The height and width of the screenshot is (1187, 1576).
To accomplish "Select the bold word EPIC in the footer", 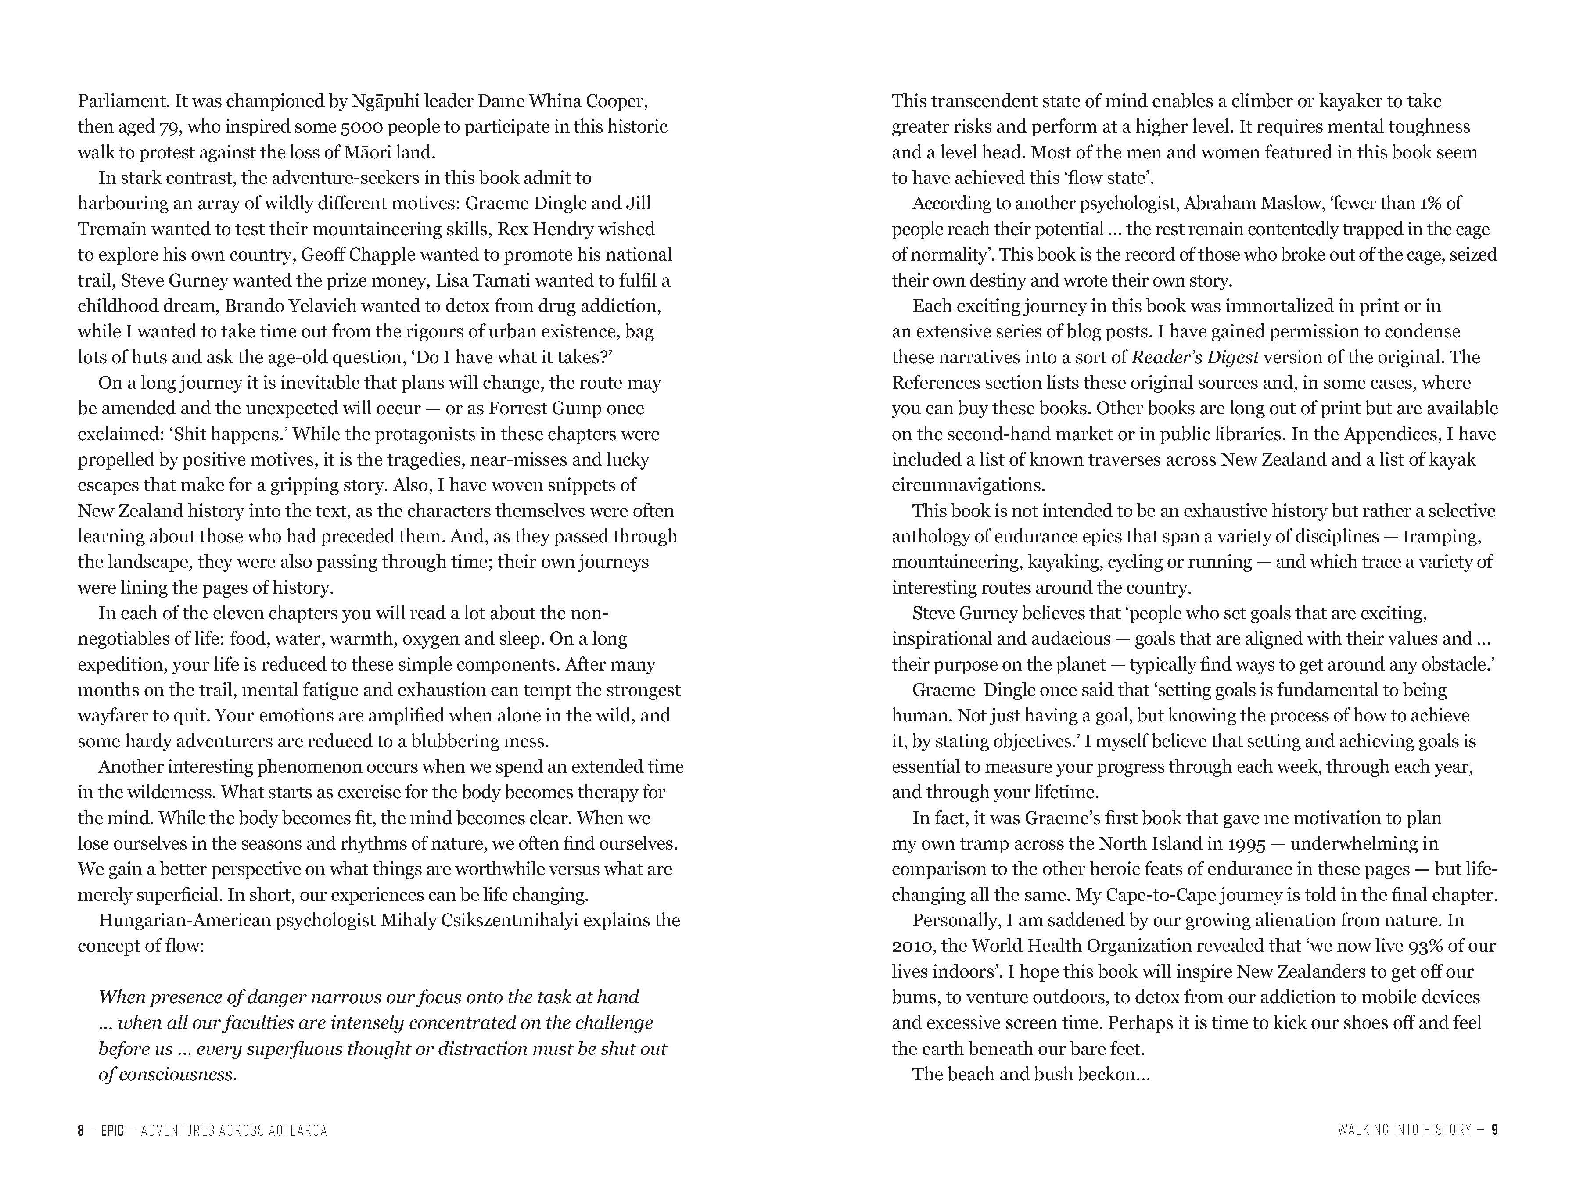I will pos(112,1130).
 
